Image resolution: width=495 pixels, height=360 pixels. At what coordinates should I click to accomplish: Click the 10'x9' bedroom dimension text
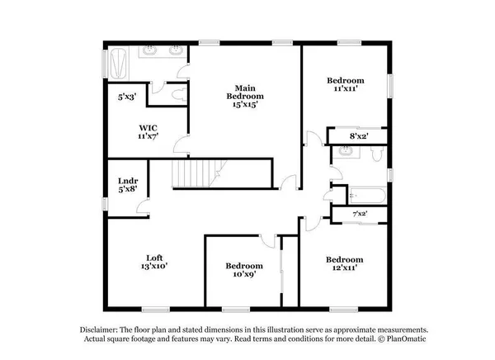click(245, 276)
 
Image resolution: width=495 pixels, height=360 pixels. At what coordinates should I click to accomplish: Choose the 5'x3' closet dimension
click(126, 97)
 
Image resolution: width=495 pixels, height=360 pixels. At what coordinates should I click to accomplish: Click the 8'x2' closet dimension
click(358, 136)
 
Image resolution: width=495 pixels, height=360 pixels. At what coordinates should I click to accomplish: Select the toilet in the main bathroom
click(175, 94)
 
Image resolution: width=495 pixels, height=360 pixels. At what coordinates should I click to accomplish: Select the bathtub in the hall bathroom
click(364, 197)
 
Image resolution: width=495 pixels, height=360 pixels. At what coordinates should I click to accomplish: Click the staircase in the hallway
click(196, 173)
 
